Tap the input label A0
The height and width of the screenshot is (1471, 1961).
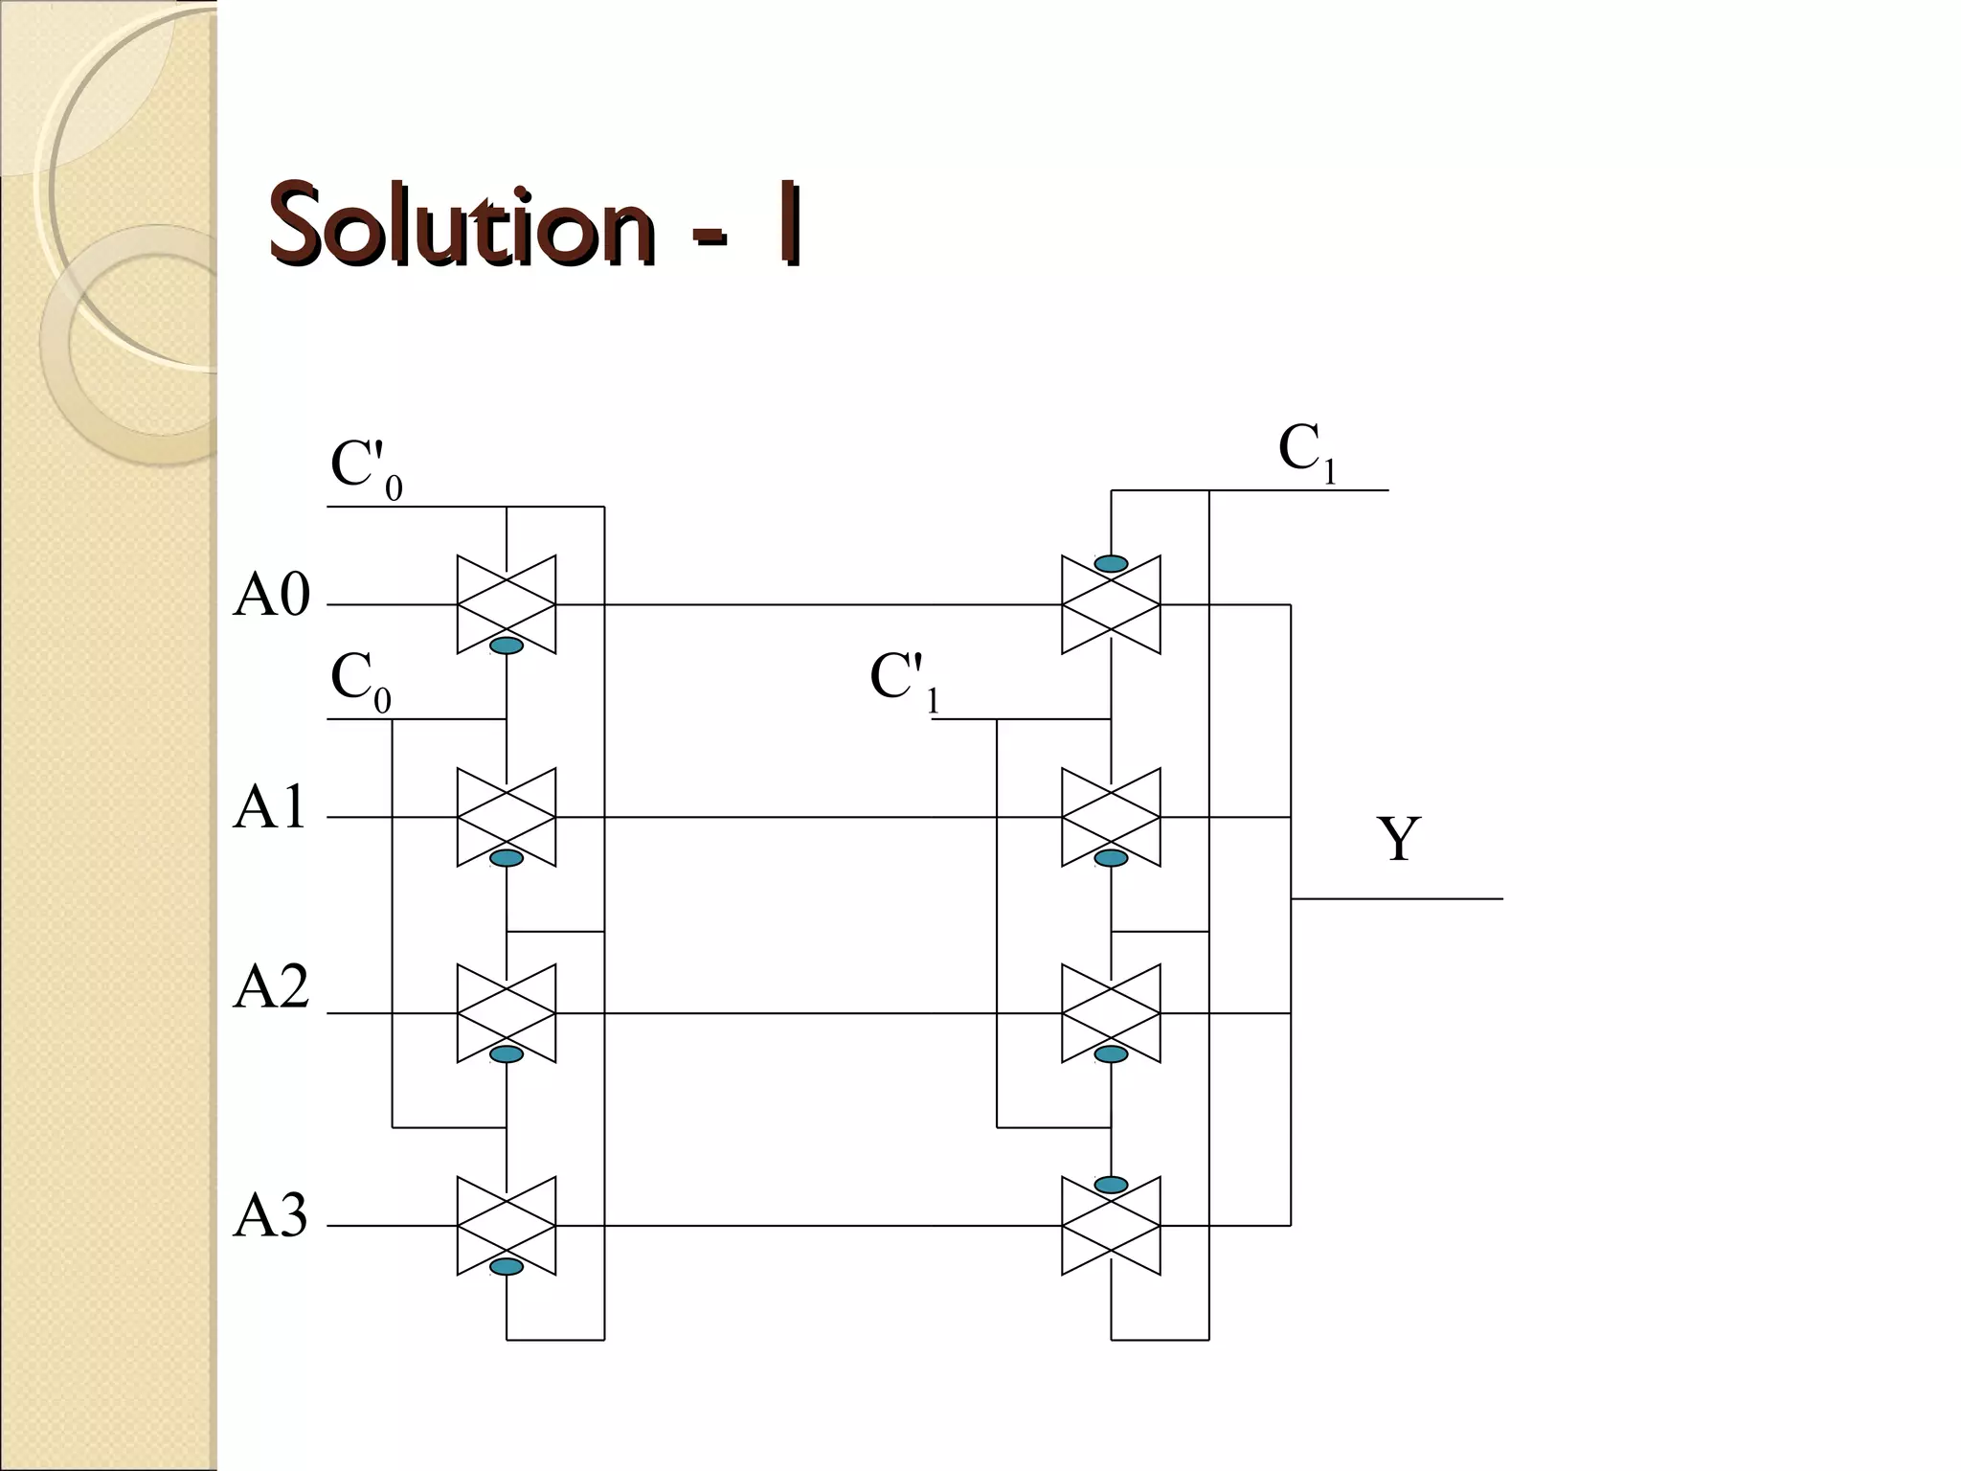pyautogui.click(x=272, y=596)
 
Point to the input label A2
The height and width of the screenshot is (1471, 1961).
pyautogui.click(x=272, y=988)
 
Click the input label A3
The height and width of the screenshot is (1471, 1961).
pyautogui.click(x=271, y=1217)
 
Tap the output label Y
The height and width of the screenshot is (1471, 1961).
pyautogui.click(x=1398, y=840)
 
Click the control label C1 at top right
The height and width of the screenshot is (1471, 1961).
pyautogui.click(x=1306, y=451)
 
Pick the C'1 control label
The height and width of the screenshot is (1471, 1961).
pyautogui.click(x=904, y=681)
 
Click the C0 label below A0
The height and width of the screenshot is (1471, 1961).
pyautogui.click(x=360, y=681)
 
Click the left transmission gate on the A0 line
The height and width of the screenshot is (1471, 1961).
pyautogui.click(x=507, y=604)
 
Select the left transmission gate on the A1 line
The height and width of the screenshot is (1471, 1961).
pyautogui.click(x=507, y=817)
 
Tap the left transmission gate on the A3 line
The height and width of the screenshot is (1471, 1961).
pyautogui.click(x=507, y=1225)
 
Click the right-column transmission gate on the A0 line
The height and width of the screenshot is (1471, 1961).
pyautogui.click(x=1111, y=604)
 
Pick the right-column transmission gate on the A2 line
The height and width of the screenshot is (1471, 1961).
pyautogui.click(x=1111, y=1012)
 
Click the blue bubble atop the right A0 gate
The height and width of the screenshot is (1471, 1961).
pyautogui.click(x=1111, y=564)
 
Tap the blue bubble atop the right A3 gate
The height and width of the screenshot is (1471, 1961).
pyautogui.click(x=1111, y=1185)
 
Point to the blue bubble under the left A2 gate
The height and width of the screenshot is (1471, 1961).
pyautogui.click(x=507, y=1054)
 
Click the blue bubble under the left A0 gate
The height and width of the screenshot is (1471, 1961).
pyautogui.click(x=507, y=646)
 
